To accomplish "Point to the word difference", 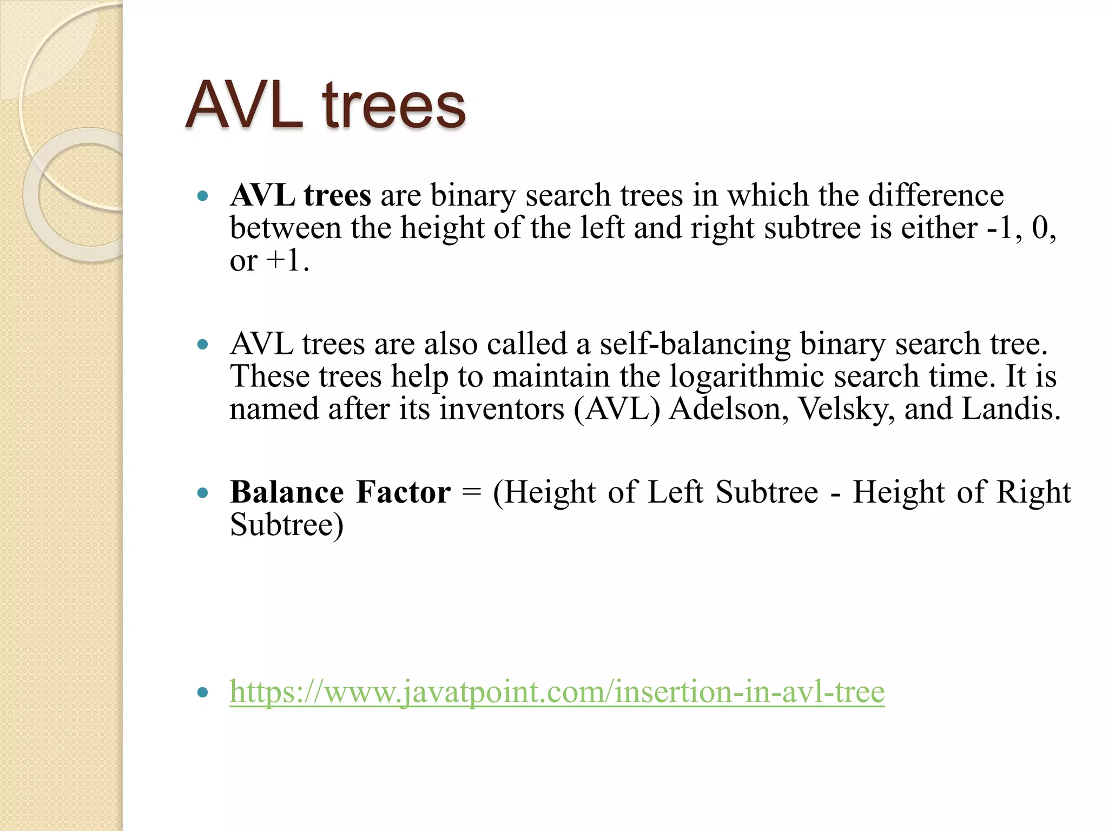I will [936, 195].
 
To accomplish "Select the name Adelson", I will [728, 409].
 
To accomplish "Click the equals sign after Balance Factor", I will [472, 493].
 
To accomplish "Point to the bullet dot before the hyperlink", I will [203, 692].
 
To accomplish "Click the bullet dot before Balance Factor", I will [203, 493].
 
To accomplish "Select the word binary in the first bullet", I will [473, 195].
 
